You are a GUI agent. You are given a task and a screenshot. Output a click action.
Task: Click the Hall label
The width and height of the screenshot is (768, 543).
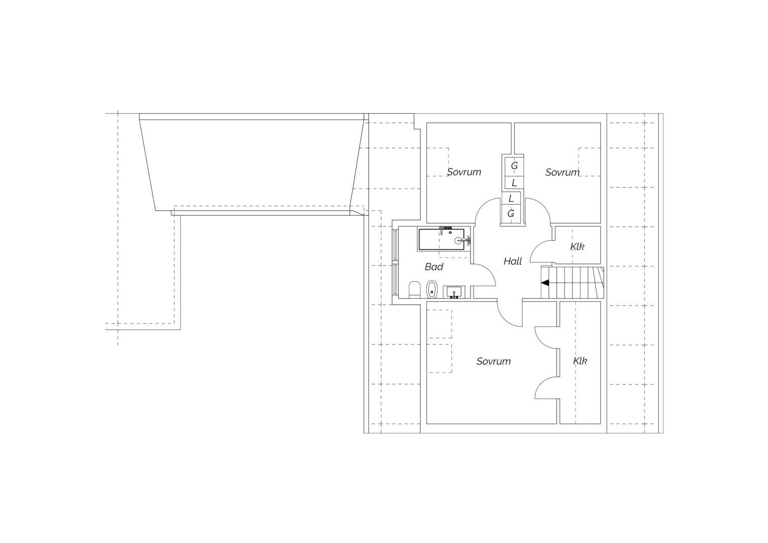513,261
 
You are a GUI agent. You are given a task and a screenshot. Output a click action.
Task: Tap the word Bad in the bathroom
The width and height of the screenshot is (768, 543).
434,267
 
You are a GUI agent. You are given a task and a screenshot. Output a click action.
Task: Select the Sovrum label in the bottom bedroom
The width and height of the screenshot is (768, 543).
494,361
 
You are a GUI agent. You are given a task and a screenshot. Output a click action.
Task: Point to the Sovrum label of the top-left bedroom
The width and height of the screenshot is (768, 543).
464,172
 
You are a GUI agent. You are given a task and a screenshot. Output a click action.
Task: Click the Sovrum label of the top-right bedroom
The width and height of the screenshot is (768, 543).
562,172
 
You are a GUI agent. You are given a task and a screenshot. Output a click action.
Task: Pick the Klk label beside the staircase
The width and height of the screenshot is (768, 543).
578,247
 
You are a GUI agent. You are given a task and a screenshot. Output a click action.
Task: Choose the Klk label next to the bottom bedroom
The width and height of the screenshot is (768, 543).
580,361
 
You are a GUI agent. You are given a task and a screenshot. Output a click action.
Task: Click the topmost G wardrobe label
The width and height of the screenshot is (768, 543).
514,166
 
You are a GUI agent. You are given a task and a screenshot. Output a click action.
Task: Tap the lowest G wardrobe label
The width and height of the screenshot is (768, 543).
511,214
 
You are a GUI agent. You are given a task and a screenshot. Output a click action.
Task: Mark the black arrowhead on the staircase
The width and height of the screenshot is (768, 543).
545,283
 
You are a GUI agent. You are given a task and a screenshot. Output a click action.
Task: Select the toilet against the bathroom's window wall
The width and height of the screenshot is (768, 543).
414,290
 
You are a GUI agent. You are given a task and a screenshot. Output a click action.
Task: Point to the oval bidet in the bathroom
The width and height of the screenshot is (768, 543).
432,289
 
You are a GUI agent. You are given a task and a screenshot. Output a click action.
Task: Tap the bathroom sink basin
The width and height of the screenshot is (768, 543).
454,292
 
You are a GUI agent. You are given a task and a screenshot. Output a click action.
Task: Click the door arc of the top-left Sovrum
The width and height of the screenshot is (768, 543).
483,205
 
